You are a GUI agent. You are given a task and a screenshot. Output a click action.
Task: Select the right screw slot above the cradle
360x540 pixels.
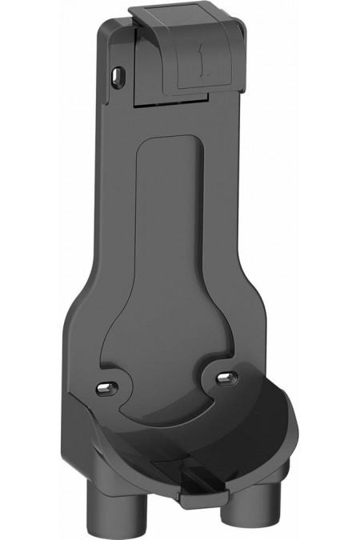[229, 375]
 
